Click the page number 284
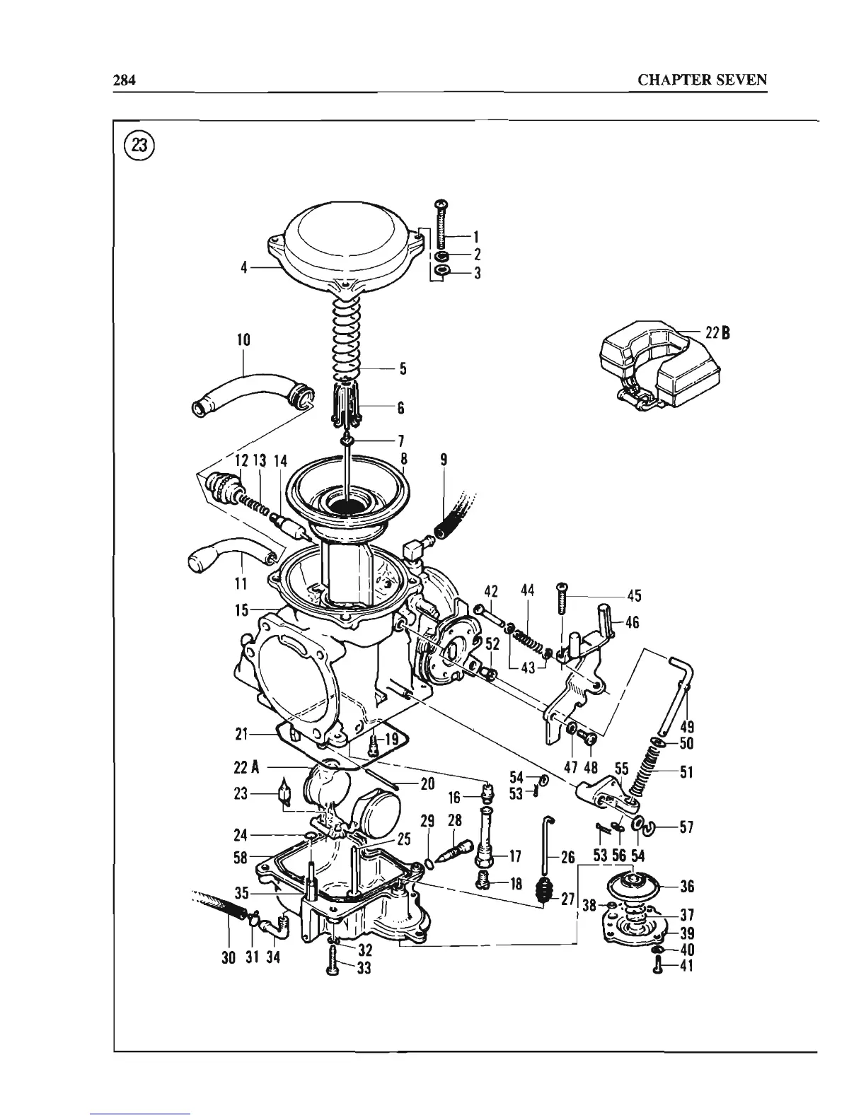pyautogui.click(x=124, y=79)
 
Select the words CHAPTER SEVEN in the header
pyautogui.click(x=702, y=79)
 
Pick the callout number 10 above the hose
pyautogui.click(x=243, y=340)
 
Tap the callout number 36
pyautogui.click(x=686, y=886)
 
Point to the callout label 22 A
pyautogui.click(x=244, y=767)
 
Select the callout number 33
pyautogui.click(x=364, y=969)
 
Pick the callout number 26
pyautogui.click(x=567, y=858)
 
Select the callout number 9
pyautogui.click(x=444, y=460)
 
